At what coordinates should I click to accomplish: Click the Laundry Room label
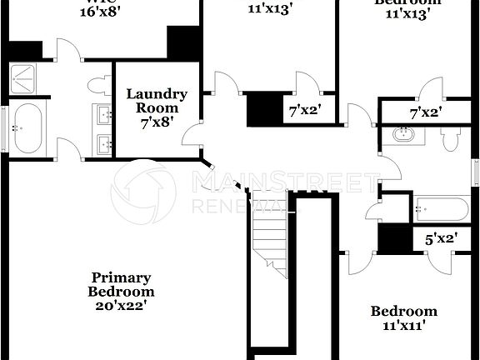click(157, 101)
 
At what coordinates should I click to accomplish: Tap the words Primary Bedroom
click(121, 284)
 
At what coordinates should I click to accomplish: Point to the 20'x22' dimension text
click(121, 305)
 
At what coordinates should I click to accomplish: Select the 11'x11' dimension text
click(403, 326)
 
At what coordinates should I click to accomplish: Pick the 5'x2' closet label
click(441, 239)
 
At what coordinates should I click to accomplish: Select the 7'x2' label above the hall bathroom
click(426, 111)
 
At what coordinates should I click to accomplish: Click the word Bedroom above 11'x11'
click(403, 312)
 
